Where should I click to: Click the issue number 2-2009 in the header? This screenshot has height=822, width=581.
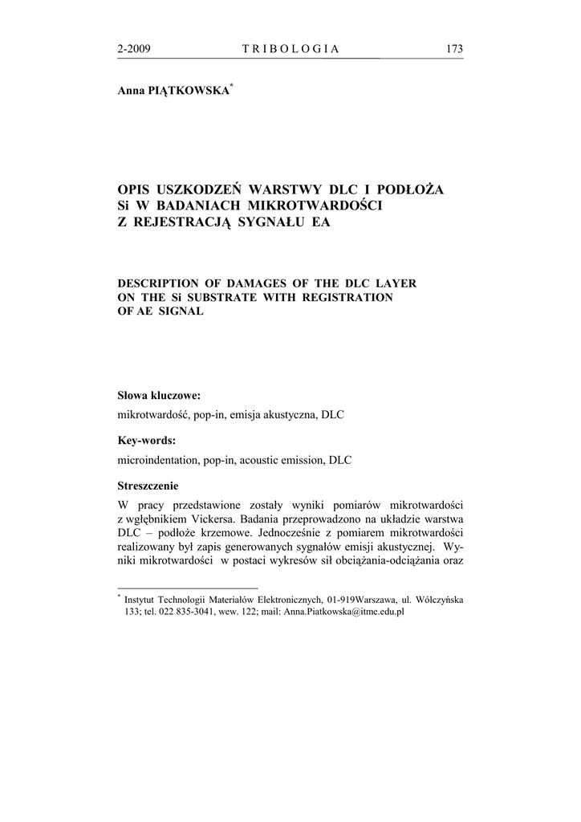pyautogui.click(x=134, y=50)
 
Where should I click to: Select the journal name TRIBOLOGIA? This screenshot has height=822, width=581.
pyautogui.click(x=290, y=50)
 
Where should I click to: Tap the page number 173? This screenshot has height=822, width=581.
pyautogui.click(x=454, y=50)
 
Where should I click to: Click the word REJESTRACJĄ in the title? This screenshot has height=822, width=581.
pyautogui.click(x=178, y=222)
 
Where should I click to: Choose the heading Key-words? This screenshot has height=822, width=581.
pyautogui.click(x=147, y=441)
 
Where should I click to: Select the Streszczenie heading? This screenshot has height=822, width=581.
pyautogui.click(x=148, y=486)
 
